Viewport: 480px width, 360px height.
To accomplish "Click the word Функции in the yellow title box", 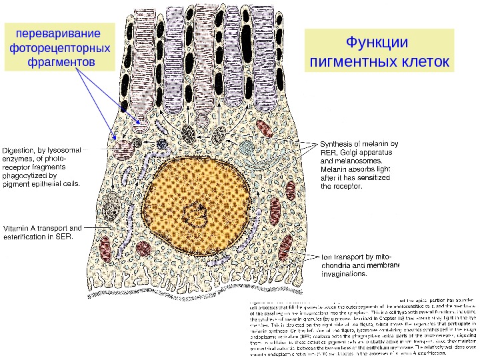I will point(377,43).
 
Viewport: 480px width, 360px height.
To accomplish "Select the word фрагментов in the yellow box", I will point(58,62).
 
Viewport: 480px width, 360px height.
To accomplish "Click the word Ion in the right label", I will point(327,256).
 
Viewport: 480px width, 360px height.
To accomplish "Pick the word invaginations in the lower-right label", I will point(345,273).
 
